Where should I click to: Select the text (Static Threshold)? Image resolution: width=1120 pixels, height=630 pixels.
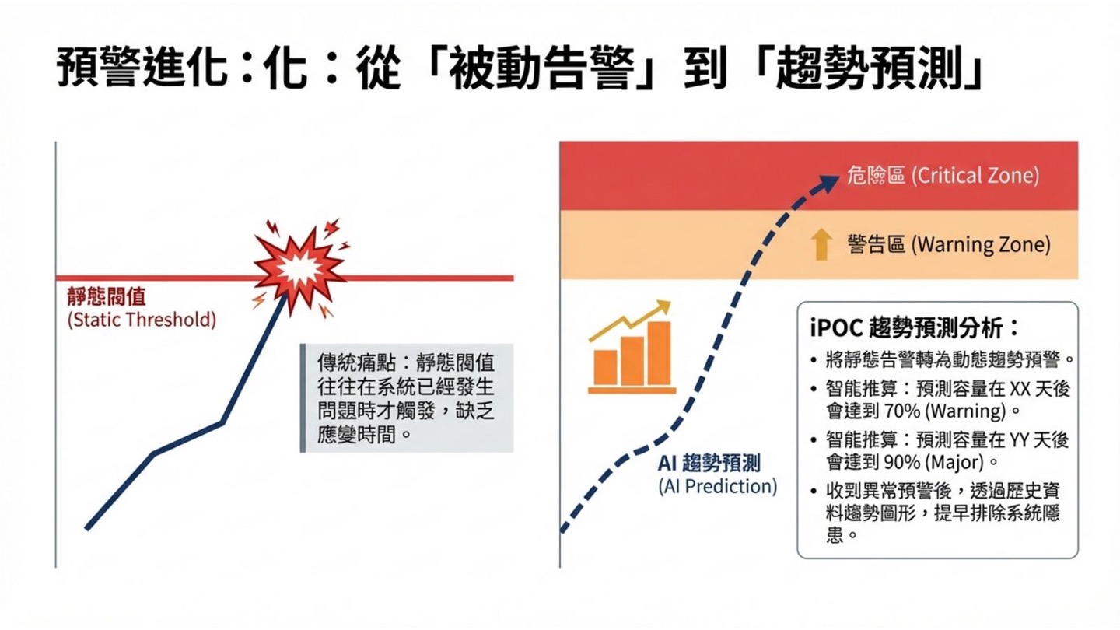pyautogui.click(x=142, y=320)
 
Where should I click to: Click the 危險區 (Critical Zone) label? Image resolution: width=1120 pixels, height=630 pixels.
pyautogui.click(x=942, y=176)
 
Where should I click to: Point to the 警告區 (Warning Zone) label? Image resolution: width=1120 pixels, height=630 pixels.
pyautogui.click(x=948, y=246)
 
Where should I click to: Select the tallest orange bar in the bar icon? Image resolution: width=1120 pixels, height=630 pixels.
pyautogui.click(x=658, y=353)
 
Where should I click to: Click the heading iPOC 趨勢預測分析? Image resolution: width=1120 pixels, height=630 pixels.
pyautogui.click(x=914, y=327)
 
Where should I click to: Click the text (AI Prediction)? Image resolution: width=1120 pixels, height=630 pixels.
pyautogui.click(x=717, y=487)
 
